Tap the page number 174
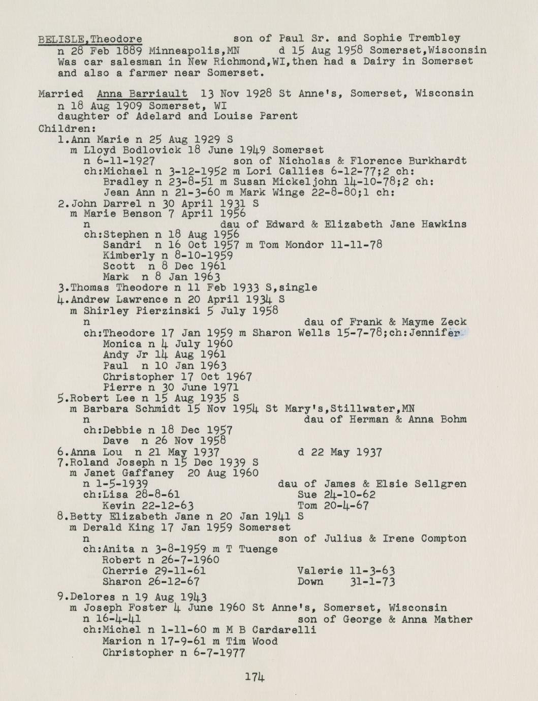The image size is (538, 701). coord(255,677)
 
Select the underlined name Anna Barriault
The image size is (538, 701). coord(142,93)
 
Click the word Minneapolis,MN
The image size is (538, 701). coord(194,51)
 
